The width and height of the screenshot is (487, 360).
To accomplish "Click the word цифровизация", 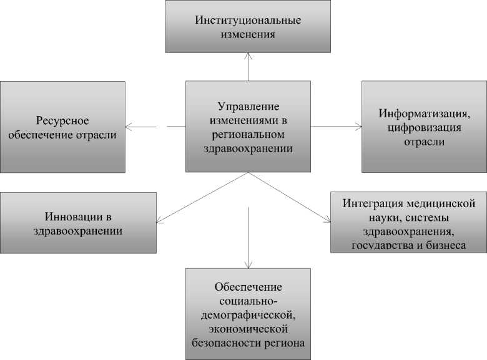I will [x=423, y=128].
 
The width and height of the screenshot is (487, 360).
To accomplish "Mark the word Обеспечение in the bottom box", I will [x=248, y=286].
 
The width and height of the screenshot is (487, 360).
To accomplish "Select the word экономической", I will [x=248, y=328].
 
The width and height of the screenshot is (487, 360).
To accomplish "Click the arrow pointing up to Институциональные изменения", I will [x=248, y=66].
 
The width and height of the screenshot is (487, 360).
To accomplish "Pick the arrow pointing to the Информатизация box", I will [x=337, y=127].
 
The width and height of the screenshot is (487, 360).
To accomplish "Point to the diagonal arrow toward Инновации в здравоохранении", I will [x=200, y=197].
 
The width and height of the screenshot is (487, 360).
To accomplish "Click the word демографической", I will [x=248, y=314].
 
